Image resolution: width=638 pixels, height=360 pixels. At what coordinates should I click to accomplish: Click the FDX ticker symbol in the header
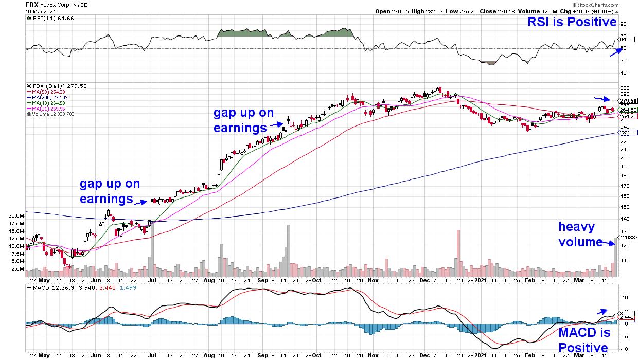(x=32, y=4)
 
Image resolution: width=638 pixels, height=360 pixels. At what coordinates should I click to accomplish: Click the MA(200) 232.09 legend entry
(x=47, y=97)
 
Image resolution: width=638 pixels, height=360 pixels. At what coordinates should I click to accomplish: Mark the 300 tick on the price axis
(x=624, y=88)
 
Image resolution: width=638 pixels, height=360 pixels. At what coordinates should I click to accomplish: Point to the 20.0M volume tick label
(x=16, y=216)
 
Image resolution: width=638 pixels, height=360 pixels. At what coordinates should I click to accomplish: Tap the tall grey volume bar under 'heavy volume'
(x=615, y=257)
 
